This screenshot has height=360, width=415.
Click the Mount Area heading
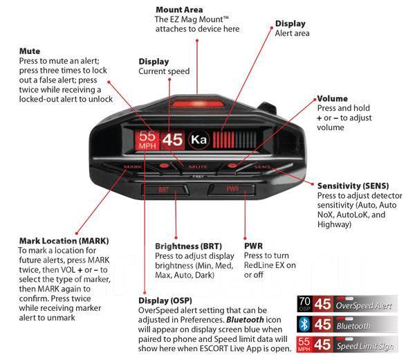point(179,9)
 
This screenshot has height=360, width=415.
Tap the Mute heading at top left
point(30,51)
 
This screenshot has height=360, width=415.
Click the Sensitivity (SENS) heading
point(353,186)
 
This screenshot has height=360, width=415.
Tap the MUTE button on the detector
point(198,167)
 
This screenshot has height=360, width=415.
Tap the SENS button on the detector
point(261,167)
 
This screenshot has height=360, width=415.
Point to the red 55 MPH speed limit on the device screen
point(147,140)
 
